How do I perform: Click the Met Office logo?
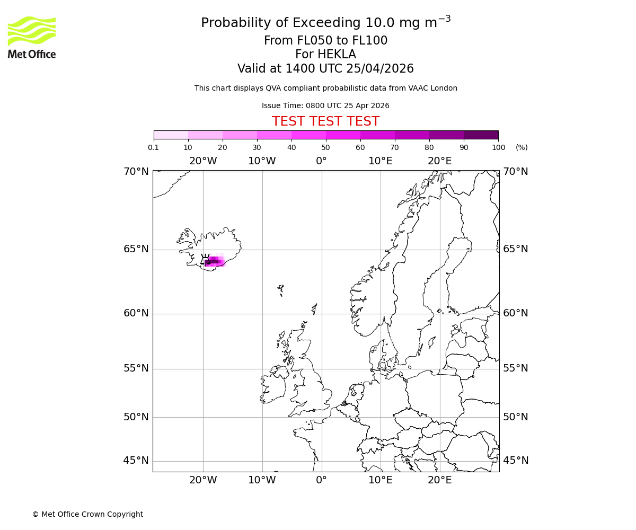(x=32, y=37)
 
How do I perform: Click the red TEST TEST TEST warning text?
(x=325, y=121)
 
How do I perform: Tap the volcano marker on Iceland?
(x=205, y=259)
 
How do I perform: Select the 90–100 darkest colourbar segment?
(x=481, y=135)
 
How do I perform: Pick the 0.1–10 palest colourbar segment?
(x=171, y=135)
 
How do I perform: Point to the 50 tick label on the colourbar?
(x=326, y=147)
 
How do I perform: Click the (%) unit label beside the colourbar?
(x=522, y=147)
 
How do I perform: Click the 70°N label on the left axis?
(x=136, y=171)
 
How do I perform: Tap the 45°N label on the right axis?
(x=516, y=460)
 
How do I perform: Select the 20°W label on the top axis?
(x=203, y=161)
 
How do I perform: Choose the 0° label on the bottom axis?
(x=321, y=480)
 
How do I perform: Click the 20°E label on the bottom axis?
(x=440, y=480)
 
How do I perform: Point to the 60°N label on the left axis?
(x=136, y=313)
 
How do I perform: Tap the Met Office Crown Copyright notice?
(x=87, y=514)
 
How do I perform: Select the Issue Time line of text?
(x=325, y=105)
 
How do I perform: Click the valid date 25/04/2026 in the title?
(x=380, y=69)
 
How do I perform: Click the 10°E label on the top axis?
(x=381, y=161)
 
